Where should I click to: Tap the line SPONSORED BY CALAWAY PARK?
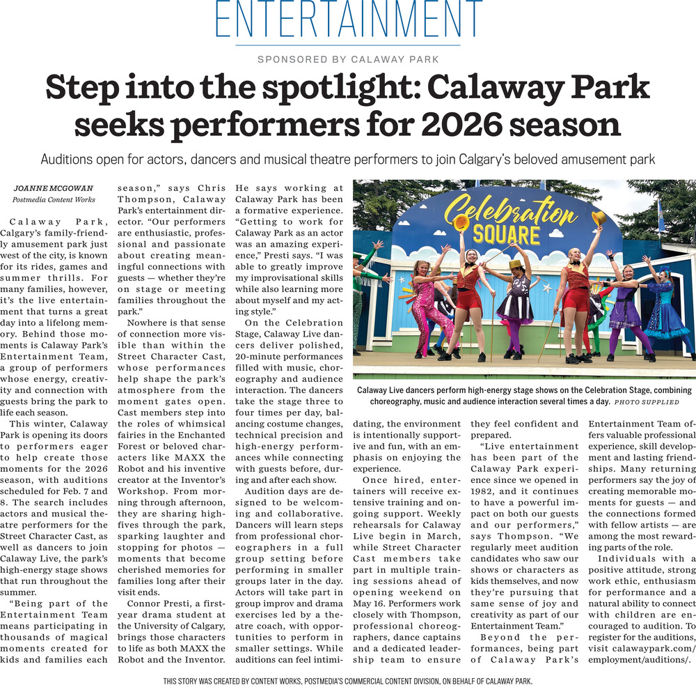[348, 60]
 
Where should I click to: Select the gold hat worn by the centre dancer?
[516, 265]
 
